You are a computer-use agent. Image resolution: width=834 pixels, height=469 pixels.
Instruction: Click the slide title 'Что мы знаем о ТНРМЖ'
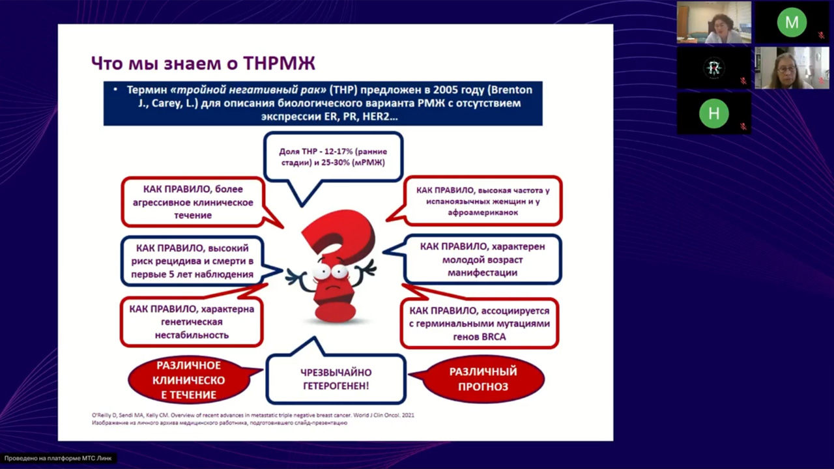[x=203, y=63]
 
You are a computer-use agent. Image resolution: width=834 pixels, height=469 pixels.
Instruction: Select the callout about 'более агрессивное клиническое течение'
[x=194, y=202]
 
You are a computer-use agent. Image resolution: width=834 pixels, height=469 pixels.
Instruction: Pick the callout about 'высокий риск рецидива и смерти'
[x=192, y=261]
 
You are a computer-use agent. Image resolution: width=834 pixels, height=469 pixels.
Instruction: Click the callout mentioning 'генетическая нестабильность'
[x=192, y=322]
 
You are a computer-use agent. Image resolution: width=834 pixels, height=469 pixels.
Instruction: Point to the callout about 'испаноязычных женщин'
[x=483, y=201]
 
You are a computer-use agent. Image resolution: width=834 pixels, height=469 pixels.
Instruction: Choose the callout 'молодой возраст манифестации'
[x=482, y=259]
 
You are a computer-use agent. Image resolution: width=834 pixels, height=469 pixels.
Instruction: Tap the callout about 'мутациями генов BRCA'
[x=480, y=324]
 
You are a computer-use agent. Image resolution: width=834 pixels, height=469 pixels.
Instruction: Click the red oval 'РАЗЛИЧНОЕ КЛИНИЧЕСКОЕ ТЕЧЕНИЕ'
[x=188, y=380]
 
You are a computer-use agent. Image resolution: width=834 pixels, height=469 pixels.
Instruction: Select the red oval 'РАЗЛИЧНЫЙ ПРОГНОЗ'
[x=483, y=379]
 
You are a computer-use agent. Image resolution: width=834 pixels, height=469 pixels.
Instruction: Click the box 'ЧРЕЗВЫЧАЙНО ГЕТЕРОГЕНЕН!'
[x=336, y=379]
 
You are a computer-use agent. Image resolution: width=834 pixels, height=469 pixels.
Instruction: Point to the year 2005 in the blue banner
[x=425, y=90]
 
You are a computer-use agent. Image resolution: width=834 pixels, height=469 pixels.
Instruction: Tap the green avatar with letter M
[x=791, y=23]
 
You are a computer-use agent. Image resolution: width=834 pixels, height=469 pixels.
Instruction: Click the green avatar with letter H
[x=713, y=113]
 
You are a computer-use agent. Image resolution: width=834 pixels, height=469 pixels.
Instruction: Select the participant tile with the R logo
[x=713, y=68]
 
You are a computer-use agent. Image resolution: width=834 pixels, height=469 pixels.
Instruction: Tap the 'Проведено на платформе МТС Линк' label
[x=59, y=459]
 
